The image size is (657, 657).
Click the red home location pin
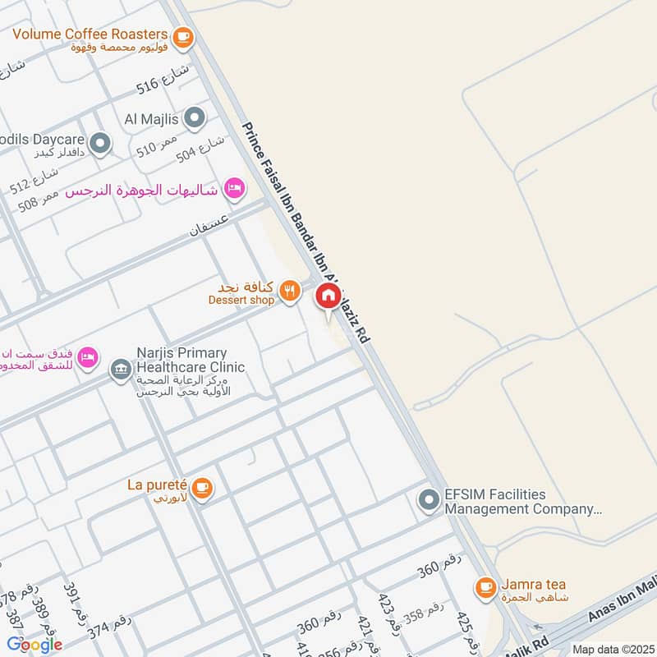(x=328, y=296)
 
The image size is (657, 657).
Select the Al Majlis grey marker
(x=195, y=119)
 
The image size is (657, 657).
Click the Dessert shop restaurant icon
(x=288, y=290)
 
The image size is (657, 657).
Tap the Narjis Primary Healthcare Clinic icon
(x=121, y=369)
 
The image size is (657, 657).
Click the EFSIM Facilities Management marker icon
(x=428, y=499)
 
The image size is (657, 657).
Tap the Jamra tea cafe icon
(x=486, y=586)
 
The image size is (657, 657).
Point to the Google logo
(x=34, y=644)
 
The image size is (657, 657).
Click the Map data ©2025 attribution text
(x=612, y=649)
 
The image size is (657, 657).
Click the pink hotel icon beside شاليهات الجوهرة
(x=235, y=189)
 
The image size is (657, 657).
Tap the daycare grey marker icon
(x=100, y=145)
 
